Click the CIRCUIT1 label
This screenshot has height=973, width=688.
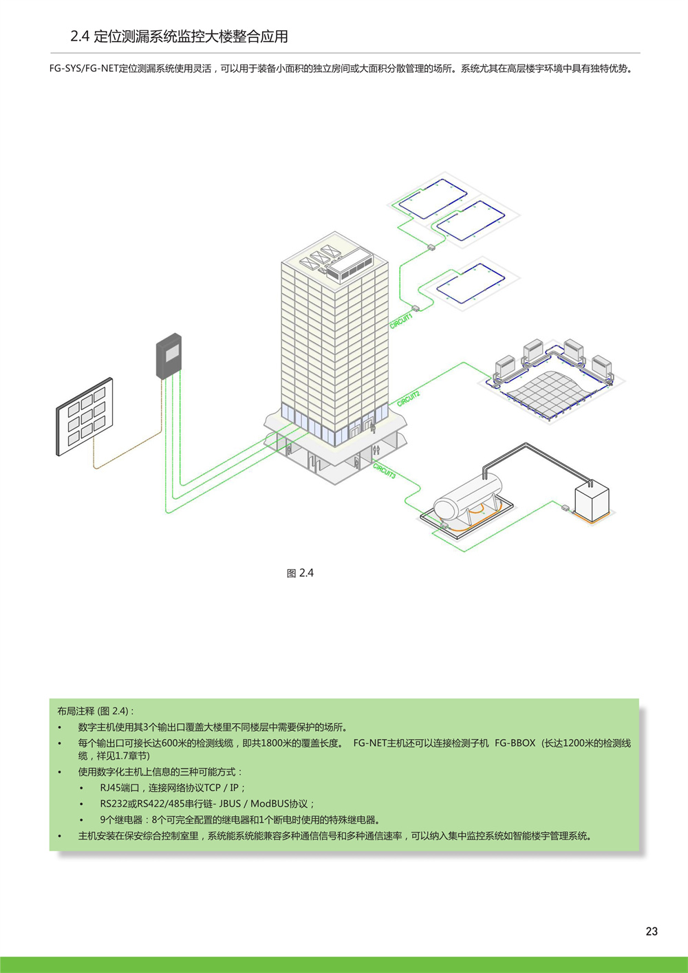pos(400,321)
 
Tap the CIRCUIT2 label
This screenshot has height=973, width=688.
pos(408,398)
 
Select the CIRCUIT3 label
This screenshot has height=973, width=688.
pos(385,471)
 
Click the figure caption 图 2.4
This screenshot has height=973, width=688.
pos(300,573)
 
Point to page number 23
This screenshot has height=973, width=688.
pos(652,931)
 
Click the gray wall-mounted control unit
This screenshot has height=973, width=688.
pos(169,356)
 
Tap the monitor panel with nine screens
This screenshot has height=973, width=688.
pos(85,416)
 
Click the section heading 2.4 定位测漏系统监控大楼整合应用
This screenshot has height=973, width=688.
pos(179,36)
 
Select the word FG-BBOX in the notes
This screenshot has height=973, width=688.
pos(515,742)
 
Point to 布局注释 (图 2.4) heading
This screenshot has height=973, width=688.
pos(96,711)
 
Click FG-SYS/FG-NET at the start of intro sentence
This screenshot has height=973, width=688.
pos(83,69)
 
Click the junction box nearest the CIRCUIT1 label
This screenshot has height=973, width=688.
pos(416,308)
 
